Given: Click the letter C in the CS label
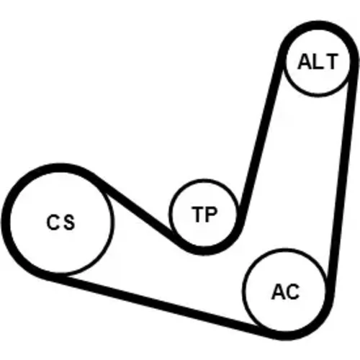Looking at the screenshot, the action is pos(53,222).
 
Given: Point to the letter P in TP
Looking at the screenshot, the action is pos(211,215).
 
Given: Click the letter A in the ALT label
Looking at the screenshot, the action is pos(305,61).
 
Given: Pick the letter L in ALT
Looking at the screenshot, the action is pos(318,61).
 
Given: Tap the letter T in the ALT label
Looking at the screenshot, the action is pos(330,61).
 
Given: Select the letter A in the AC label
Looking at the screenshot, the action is pos(279,292).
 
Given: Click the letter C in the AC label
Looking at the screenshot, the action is pos(293,292).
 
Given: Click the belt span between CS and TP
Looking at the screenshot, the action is pos(135,207).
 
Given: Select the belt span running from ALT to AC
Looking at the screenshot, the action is pos(342,180).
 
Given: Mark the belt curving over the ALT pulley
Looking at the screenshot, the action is pos(318,26).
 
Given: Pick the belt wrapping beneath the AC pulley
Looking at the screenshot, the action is pos(288,336).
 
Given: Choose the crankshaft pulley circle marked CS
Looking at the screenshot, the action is pos(112,222).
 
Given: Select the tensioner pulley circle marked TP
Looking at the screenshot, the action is pos(171,214).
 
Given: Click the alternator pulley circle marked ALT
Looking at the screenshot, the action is pos(318,96).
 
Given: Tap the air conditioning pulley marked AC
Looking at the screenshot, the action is pos(243,290).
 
